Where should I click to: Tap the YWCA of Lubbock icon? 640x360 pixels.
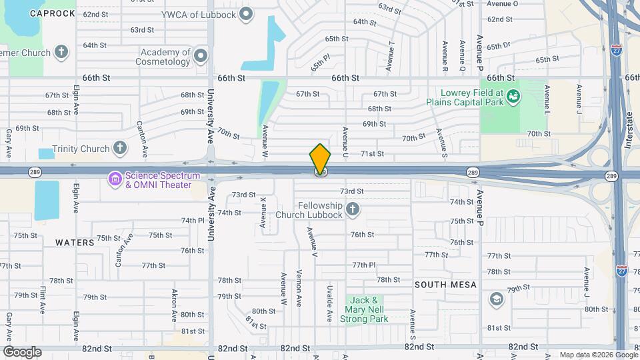click(x=247, y=13)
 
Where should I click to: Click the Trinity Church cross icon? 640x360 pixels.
click(x=120, y=148)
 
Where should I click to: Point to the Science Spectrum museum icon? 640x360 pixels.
click(x=115, y=178)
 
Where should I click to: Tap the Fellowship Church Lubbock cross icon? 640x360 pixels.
click(x=353, y=210)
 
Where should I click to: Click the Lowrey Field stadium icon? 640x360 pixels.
click(x=512, y=98)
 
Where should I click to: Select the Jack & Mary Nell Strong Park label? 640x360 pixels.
click(x=365, y=309)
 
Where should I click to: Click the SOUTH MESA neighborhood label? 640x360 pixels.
click(x=445, y=285)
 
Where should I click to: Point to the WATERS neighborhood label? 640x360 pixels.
click(x=75, y=243)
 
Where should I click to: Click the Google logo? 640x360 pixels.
click(x=22, y=351)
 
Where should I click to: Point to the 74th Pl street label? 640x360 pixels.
click(x=192, y=221)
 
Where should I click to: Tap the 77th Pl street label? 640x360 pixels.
click(x=365, y=265)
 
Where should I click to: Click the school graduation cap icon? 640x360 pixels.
click(x=496, y=298)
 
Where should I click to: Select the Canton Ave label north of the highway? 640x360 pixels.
click(x=141, y=133)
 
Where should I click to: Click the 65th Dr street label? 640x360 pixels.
click(x=498, y=47)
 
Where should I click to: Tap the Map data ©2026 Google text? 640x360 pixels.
click(x=598, y=355)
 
